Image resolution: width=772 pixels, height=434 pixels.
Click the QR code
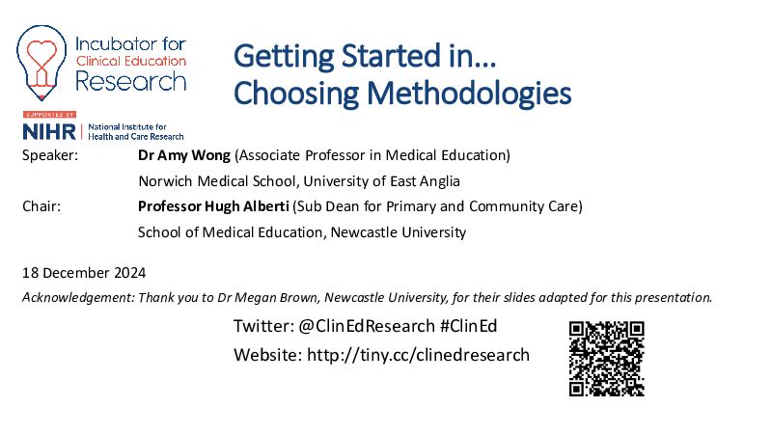pos(607,359)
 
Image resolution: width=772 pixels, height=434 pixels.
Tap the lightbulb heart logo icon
pos(41,63)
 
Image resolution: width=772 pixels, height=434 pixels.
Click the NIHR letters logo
pos(49,131)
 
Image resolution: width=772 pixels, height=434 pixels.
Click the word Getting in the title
pos(284,57)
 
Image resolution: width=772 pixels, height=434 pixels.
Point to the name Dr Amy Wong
pos(184,155)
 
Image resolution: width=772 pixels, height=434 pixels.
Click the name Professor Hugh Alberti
pos(213,206)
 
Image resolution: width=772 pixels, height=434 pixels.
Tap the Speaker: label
pos(50,155)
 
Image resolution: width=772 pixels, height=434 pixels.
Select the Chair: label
pos(41,206)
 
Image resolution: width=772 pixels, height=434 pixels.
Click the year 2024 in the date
pos(130,273)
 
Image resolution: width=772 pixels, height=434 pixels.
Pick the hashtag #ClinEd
pos(468,326)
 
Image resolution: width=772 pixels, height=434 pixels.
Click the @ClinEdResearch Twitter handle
pos(367,326)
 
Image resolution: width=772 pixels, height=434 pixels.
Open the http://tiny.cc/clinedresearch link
pos(418,355)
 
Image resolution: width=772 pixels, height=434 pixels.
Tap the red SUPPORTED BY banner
pos(49,115)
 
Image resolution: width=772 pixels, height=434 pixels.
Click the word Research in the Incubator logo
pos(131,81)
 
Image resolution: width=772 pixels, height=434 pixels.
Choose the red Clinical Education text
pos(131,61)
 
